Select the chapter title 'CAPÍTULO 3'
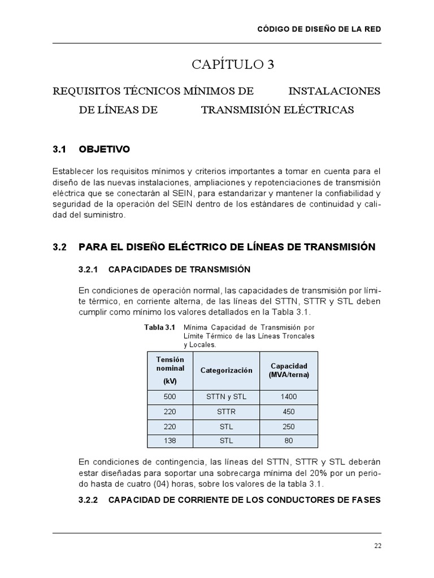pos(233,65)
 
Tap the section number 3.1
pos(60,150)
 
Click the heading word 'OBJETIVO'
pos(105,150)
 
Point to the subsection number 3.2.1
pos(88,269)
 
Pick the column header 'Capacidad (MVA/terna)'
pos(288,370)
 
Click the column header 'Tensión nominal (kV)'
pos(170,370)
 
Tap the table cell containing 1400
pos(288,397)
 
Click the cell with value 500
pos(170,397)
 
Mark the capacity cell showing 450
pos(288,411)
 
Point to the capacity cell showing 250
pos(288,427)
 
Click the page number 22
pos(377,545)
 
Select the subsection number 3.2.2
pos(88,500)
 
